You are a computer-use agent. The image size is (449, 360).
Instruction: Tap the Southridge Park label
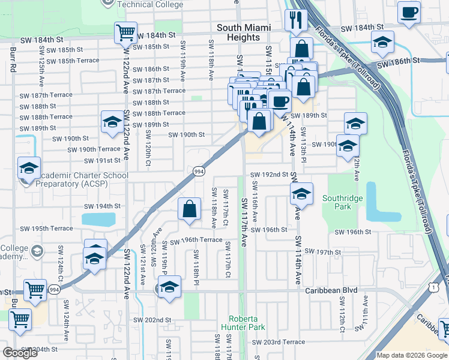point(340,202)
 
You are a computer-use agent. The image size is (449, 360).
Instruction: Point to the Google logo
point(20,353)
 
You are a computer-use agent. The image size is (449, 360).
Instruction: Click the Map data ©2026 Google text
point(412,355)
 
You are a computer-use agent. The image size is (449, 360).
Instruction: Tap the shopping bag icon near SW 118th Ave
point(190,209)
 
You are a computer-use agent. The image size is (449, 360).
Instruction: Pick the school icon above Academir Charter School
point(29,169)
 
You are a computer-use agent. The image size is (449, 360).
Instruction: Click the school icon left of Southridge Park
point(301,194)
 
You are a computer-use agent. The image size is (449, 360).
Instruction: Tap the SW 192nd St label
point(270,175)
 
